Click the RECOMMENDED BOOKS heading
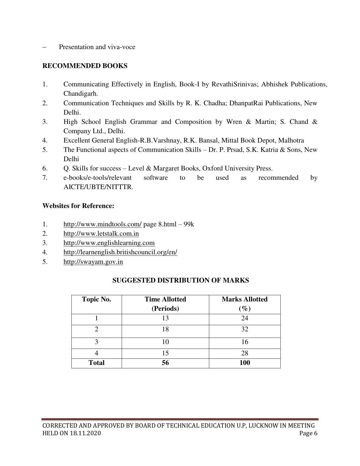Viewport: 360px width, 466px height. (x=85, y=66)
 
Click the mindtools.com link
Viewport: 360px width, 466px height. (x=102, y=224)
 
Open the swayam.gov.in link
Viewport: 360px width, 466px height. (x=93, y=262)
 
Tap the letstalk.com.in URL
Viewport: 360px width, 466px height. (x=101, y=234)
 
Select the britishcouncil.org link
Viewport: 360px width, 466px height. (x=120, y=252)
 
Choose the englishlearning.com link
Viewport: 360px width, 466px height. (x=109, y=243)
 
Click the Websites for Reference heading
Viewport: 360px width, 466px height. (x=78, y=206)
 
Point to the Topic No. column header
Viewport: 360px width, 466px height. (x=96, y=299)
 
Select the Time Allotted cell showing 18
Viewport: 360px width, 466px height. (x=165, y=329)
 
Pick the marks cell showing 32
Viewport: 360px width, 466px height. (x=245, y=329)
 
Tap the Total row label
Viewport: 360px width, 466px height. (x=96, y=363)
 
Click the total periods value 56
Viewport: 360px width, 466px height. (x=165, y=363)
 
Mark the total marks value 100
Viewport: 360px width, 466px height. (x=245, y=363)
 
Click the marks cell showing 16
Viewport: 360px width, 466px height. (x=245, y=342)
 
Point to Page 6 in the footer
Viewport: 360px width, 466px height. (x=308, y=433)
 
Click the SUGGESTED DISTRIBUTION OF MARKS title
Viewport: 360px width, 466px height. (x=180, y=280)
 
